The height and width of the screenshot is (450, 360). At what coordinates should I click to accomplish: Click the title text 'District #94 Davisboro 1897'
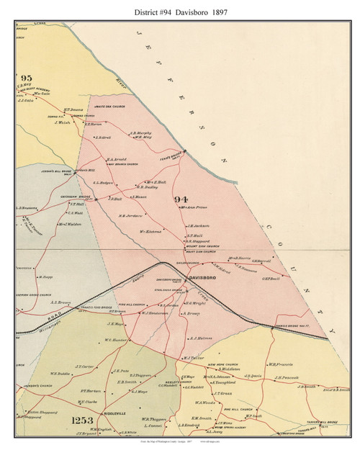coord(180,9)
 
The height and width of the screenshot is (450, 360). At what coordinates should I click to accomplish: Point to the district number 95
coord(27,77)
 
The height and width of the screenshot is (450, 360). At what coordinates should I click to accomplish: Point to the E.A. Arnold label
coord(117,159)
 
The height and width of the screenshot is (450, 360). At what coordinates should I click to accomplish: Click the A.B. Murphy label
coord(140,132)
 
